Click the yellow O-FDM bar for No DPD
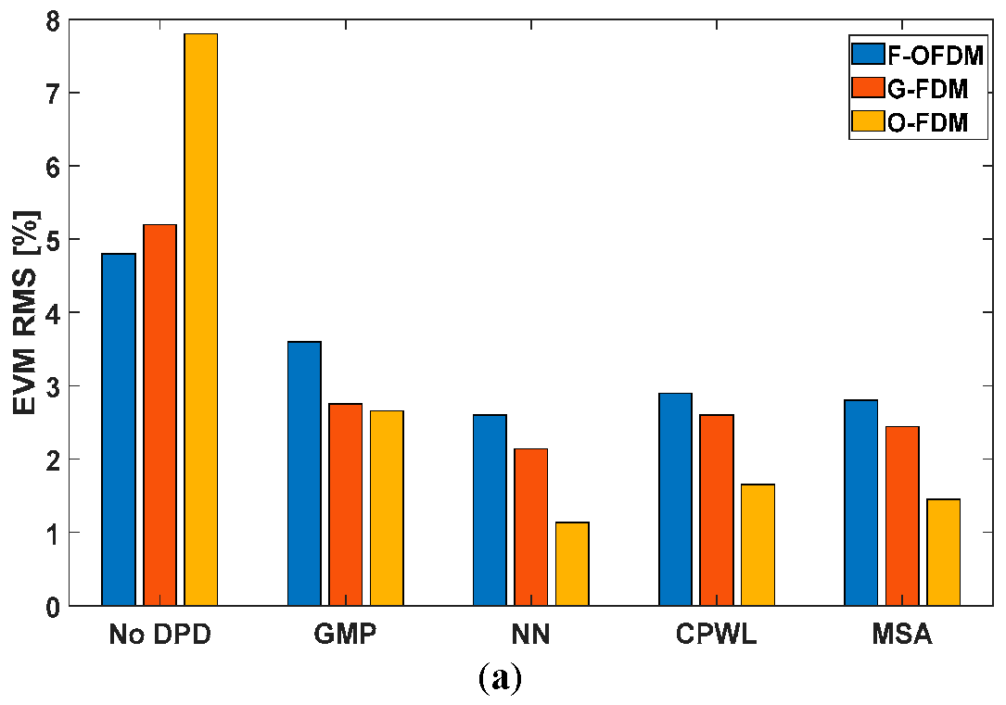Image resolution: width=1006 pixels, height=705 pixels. point(200,320)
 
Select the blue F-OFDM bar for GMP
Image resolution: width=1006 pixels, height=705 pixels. point(304,473)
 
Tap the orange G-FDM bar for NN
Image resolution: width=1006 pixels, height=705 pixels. point(530,527)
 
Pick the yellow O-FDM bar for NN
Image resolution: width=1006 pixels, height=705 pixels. point(572,564)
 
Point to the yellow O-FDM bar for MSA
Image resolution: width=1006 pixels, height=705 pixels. point(943,552)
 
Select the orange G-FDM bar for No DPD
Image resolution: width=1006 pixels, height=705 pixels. point(159,415)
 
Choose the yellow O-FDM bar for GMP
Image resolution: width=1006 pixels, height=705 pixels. point(387,508)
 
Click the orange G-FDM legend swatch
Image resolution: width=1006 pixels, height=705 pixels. point(868,89)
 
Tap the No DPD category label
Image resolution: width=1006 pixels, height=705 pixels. point(159,635)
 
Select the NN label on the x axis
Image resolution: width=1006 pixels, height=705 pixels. point(530,635)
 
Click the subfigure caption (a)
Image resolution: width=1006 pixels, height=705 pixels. point(502,679)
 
